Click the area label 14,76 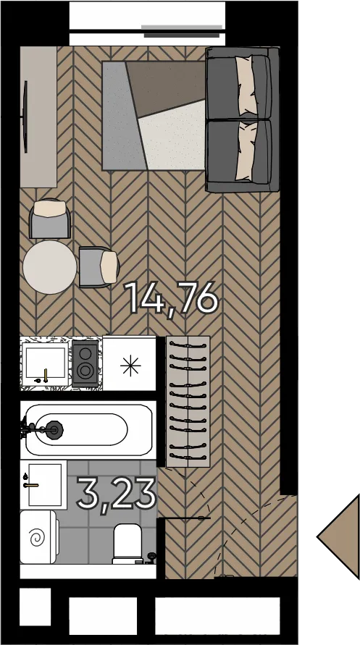pos(171,298)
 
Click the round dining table pos(49,267)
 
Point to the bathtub pos(88,430)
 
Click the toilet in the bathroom pos(127,544)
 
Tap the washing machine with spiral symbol pos(38,537)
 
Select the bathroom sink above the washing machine pos(43,485)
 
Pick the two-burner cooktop pos(85,363)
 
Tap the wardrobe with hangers pos(188,402)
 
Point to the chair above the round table pos(50,219)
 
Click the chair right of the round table pos(99,267)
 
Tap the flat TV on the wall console pos(25,117)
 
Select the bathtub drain pos(55,429)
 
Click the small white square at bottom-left pos(35,607)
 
